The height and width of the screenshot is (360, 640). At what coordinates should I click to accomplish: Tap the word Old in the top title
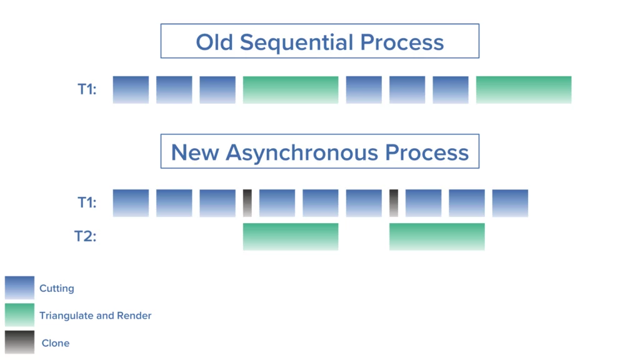tap(215, 42)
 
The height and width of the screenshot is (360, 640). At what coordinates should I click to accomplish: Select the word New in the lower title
tap(195, 152)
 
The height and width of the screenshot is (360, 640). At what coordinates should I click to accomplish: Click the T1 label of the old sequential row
tap(87, 90)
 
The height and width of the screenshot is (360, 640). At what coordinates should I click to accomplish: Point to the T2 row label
tap(86, 237)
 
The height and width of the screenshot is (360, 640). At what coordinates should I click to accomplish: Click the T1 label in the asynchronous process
tap(87, 203)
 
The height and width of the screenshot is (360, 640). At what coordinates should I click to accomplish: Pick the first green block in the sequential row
tap(291, 89)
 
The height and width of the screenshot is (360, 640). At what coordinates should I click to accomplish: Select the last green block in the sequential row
tap(524, 89)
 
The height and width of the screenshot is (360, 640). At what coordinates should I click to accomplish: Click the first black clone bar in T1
tap(247, 202)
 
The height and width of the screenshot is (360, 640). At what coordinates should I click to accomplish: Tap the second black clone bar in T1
tap(394, 202)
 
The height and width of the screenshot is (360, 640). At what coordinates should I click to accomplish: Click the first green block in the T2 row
tap(291, 236)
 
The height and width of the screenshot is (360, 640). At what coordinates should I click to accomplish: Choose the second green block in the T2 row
tap(437, 236)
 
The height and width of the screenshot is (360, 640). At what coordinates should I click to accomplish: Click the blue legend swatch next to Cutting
tap(19, 288)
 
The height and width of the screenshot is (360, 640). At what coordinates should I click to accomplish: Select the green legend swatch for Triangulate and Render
tap(19, 315)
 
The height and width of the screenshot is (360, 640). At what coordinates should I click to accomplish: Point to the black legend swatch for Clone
tap(19, 342)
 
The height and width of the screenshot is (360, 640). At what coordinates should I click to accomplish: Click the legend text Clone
tap(56, 343)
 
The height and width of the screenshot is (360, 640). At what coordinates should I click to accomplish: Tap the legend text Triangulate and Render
tap(96, 316)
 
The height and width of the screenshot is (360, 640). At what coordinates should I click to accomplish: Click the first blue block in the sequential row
tap(131, 89)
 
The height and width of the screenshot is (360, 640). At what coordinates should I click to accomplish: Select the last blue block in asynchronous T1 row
tap(510, 202)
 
